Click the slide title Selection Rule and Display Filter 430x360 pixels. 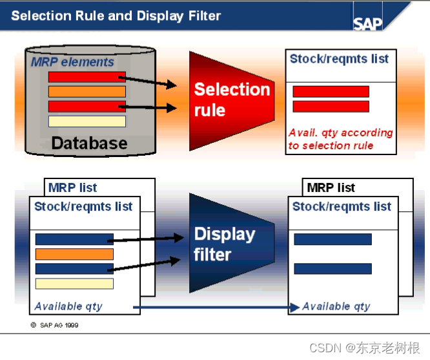(116, 16)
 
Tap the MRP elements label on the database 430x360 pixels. (72, 63)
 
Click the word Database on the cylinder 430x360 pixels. (89, 143)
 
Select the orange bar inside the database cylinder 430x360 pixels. (87, 92)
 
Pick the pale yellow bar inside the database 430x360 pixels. (87, 121)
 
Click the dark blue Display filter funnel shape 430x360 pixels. (226, 244)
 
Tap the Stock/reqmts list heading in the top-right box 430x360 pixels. (339, 59)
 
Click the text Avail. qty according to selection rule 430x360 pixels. (340, 139)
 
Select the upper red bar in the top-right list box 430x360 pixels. (331, 92)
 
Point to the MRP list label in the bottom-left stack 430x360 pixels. (72, 188)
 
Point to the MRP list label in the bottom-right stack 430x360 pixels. (331, 188)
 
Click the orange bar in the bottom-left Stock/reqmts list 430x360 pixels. (74, 254)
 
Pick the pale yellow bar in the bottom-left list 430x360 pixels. (74, 284)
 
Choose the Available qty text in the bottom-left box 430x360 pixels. (68, 306)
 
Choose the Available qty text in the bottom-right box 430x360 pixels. (336, 306)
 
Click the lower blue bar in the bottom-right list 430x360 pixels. (333, 268)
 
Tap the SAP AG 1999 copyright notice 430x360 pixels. (54, 325)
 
